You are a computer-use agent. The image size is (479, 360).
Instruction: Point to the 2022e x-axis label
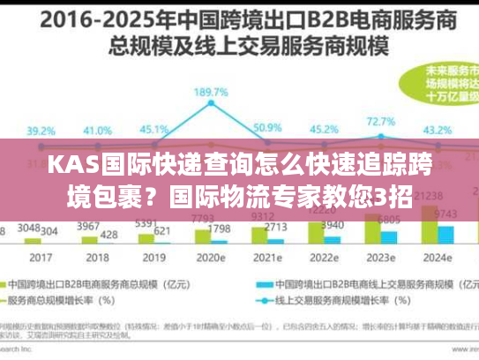[324, 259]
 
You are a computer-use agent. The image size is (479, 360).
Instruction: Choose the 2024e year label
[438, 259]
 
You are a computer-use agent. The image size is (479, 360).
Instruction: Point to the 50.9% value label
[266, 128]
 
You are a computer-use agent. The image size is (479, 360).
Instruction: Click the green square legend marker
[11, 285]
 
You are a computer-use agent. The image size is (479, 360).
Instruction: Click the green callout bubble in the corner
[439, 83]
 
